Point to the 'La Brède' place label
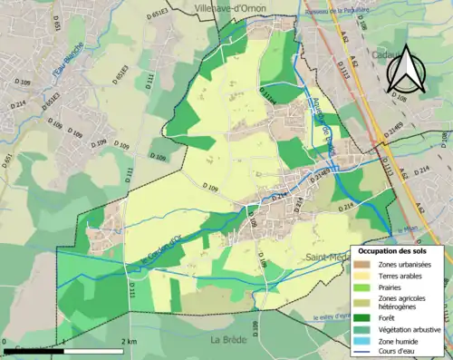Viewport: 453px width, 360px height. pyautogui.click(x=228, y=340)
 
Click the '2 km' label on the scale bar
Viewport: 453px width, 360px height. pyautogui.click(x=130, y=342)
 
